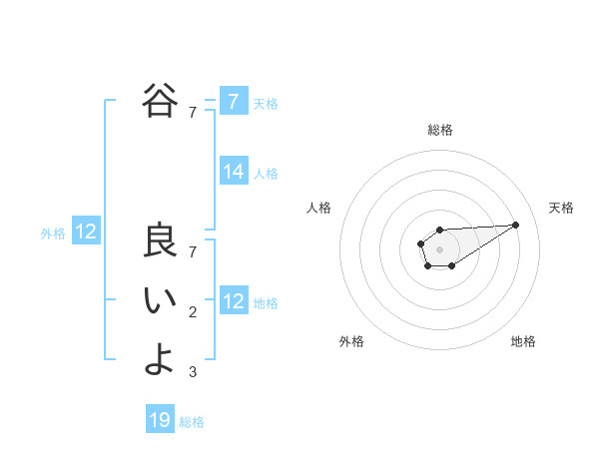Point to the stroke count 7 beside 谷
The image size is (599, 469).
pyautogui.click(x=193, y=113)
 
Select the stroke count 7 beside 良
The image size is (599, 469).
pyautogui.click(x=193, y=251)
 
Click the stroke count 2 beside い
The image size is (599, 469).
pyautogui.click(x=193, y=312)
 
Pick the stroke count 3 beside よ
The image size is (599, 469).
pyautogui.click(x=193, y=372)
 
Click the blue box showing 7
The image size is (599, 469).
pyautogui.click(x=233, y=101)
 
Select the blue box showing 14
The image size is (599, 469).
pyautogui.click(x=233, y=172)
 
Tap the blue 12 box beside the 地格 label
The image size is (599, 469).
pyautogui.click(x=233, y=301)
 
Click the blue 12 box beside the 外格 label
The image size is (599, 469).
pyautogui.click(x=86, y=233)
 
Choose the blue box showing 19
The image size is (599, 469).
pyautogui.click(x=160, y=420)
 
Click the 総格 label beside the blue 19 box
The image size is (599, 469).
pyautogui.click(x=192, y=422)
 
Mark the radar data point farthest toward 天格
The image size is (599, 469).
pyautogui.click(x=516, y=225)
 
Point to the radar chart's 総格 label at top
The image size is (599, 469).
pyautogui.click(x=439, y=130)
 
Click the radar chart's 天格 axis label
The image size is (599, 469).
pyautogui.click(x=561, y=208)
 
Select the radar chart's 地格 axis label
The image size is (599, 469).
pyautogui.click(x=523, y=341)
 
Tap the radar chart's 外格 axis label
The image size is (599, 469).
pyautogui.click(x=351, y=341)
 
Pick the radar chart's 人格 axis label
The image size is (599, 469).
pyautogui.click(x=318, y=208)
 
